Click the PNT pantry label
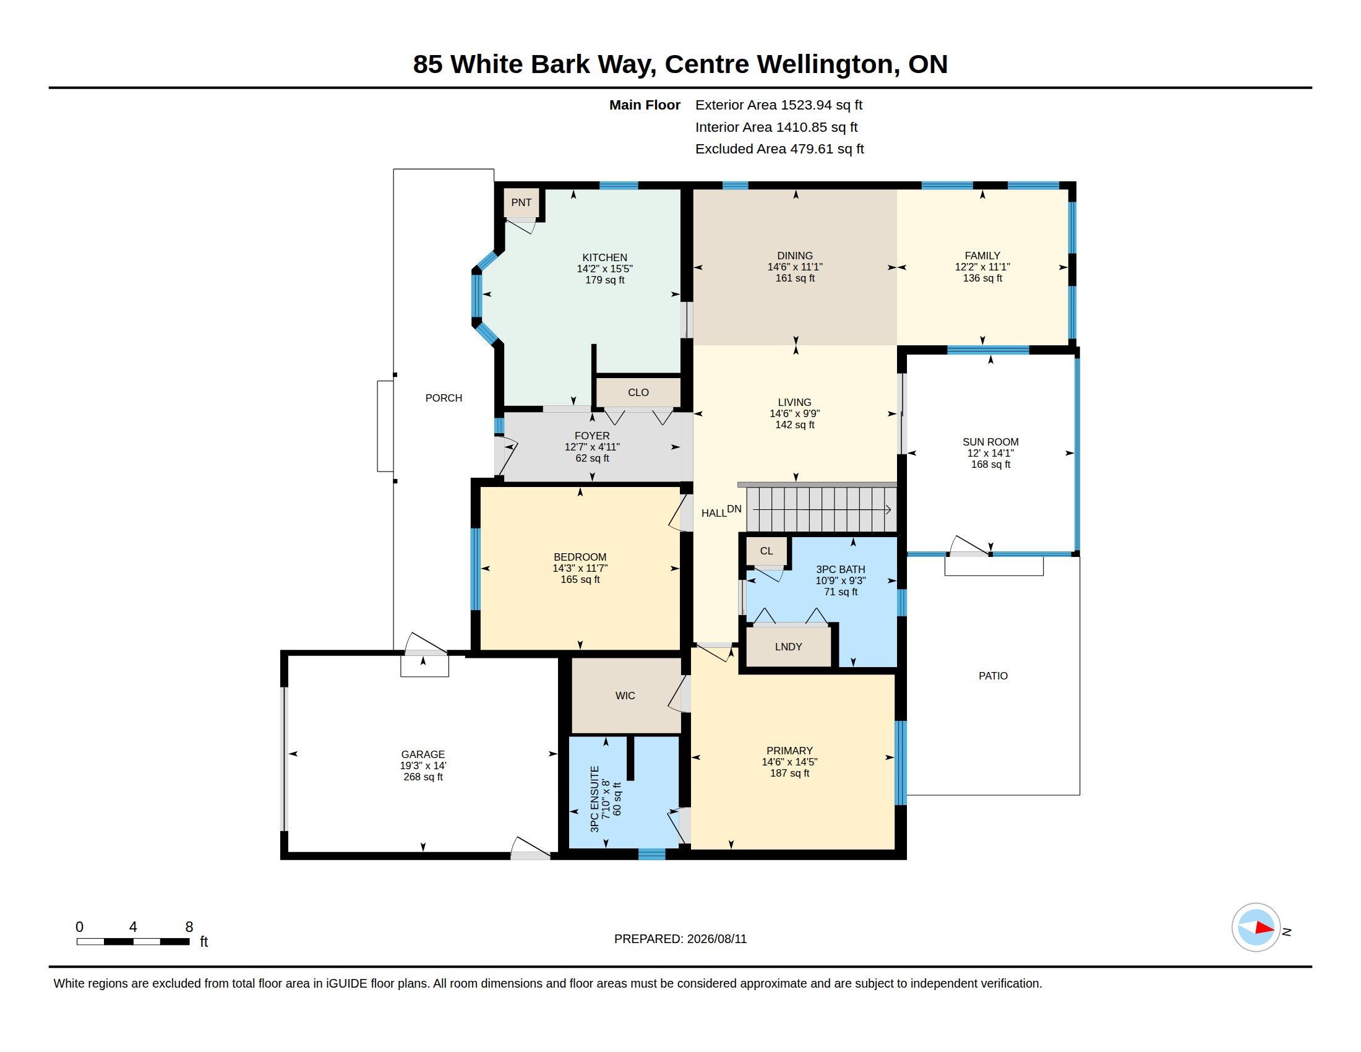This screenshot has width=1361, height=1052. (x=521, y=202)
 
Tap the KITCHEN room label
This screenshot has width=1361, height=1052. (x=604, y=257)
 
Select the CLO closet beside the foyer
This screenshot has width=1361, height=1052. (x=638, y=392)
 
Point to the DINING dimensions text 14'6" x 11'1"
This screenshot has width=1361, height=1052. (x=795, y=267)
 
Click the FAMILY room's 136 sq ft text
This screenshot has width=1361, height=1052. (x=983, y=278)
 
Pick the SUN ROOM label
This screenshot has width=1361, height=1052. (x=990, y=442)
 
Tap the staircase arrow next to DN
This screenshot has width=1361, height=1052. (x=822, y=510)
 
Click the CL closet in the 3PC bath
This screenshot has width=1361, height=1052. (x=766, y=551)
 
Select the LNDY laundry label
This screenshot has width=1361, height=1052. (x=788, y=647)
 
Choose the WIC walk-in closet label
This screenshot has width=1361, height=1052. (x=625, y=696)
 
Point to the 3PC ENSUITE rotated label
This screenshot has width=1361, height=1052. (x=595, y=799)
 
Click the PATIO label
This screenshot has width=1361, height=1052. (x=993, y=676)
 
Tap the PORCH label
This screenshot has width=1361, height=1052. (x=444, y=398)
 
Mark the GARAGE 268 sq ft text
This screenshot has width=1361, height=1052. (x=423, y=777)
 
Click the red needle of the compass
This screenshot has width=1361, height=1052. (x=1264, y=928)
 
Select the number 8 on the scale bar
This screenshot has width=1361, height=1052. (x=189, y=927)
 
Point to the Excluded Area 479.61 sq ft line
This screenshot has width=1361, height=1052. (x=779, y=149)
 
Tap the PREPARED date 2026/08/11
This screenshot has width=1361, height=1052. (x=716, y=939)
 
